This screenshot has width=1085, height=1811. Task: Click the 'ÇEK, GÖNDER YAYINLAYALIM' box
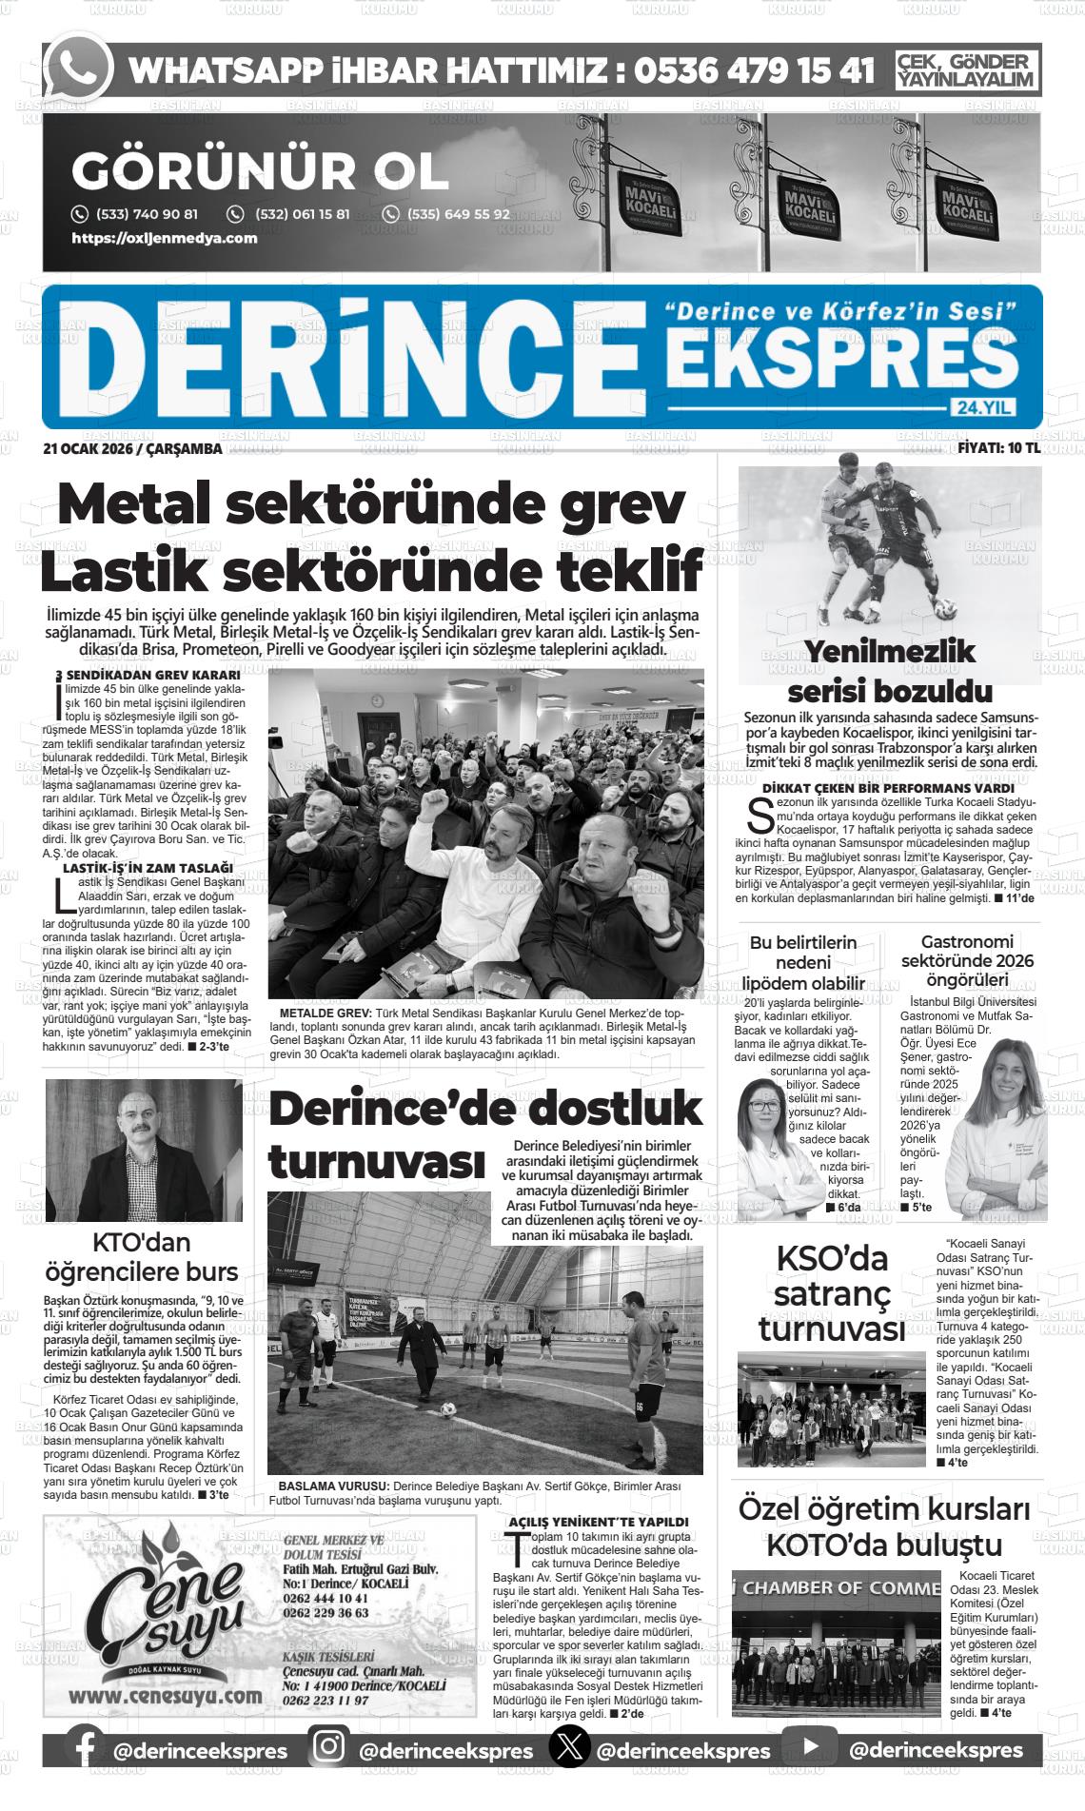click(x=967, y=70)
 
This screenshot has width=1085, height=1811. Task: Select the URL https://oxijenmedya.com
click(x=165, y=238)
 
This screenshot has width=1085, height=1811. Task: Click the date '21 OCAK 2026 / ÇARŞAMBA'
click(x=132, y=449)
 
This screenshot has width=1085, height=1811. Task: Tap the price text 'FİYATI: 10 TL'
click(x=998, y=448)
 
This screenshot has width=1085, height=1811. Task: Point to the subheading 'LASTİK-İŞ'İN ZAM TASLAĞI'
click(x=148, y=868)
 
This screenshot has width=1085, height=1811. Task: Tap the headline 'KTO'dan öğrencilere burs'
click(x=142, y=1256)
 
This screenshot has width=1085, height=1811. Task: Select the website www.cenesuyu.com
click(x=166, y=1696)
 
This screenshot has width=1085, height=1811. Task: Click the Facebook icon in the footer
click(x=84, y=1750)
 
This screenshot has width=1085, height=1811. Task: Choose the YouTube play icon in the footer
click(x=810, y=1749)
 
